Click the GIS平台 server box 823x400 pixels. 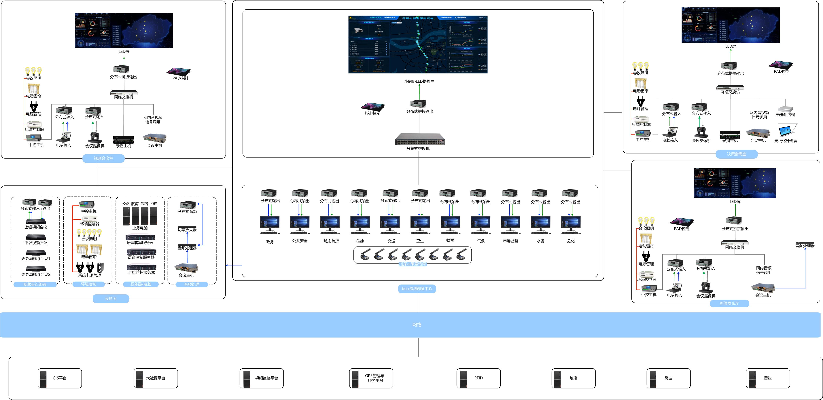point(60,378)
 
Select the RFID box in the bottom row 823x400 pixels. point(478,378)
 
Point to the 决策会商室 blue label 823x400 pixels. point(736,154)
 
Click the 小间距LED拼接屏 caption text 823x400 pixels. point(419,81)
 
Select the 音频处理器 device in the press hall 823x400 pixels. point(805,243)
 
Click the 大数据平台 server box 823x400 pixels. point(156,378)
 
